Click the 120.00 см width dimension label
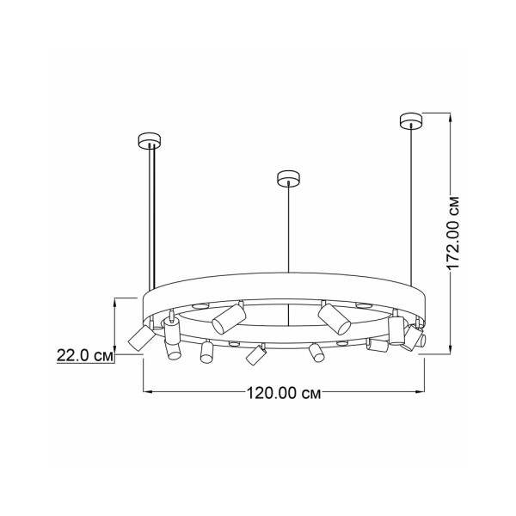click(x=284, y=393)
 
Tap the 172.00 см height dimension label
click(x=454, y=234)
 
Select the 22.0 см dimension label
click(x=85, y=355)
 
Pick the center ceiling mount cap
click(x=289, y=178)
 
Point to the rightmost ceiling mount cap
click(x=411, y=120)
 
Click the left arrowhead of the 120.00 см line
click(x=147, y=391)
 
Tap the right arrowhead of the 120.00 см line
click(x=421, y=391)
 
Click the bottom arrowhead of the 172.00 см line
click(x=451, y=349)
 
